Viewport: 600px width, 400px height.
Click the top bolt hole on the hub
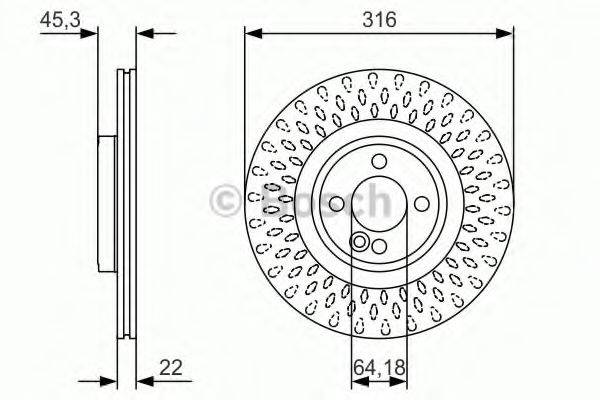[x=378, y=162]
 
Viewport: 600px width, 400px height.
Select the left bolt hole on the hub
[x=336, y=204]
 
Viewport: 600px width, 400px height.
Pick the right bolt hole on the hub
[x=420, y=204]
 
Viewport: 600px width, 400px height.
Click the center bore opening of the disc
[x=378, y=204]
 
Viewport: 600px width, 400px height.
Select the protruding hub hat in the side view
[x=106, y=204]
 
